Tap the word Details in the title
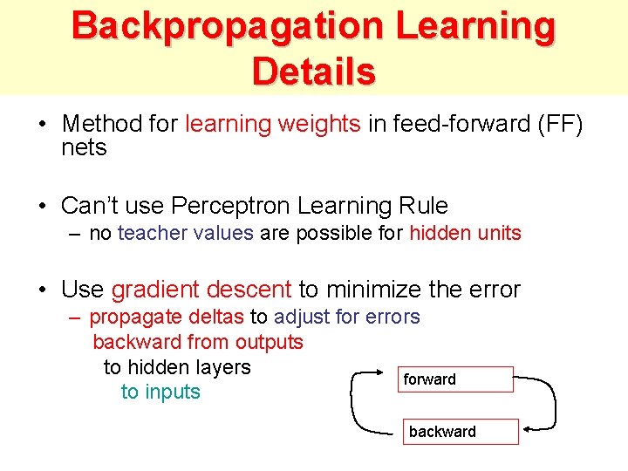314,71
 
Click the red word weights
318,124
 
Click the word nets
84,147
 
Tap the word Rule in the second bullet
422,206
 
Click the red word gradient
153,290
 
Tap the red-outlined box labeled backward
460,432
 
